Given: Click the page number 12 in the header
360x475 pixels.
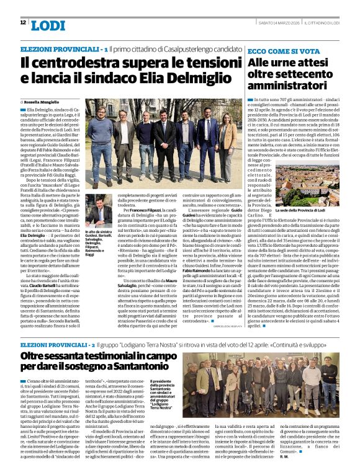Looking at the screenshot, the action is (x=23, y=22).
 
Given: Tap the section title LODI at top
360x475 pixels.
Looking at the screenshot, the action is (x=48, y=24).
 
